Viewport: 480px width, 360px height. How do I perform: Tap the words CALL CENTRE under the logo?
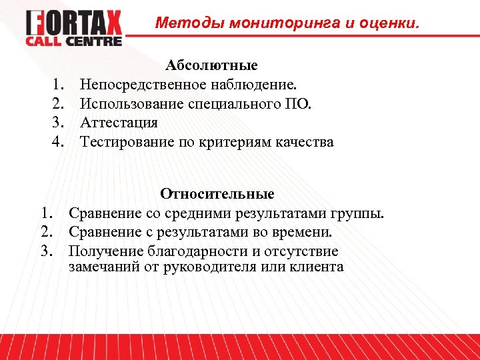point(74,41)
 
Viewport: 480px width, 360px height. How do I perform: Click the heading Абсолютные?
point(212,65)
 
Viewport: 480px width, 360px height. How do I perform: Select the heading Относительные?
point(217,194)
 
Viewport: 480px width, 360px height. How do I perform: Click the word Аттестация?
point(119,123)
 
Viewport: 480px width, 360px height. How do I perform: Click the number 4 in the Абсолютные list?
point(58,142)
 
